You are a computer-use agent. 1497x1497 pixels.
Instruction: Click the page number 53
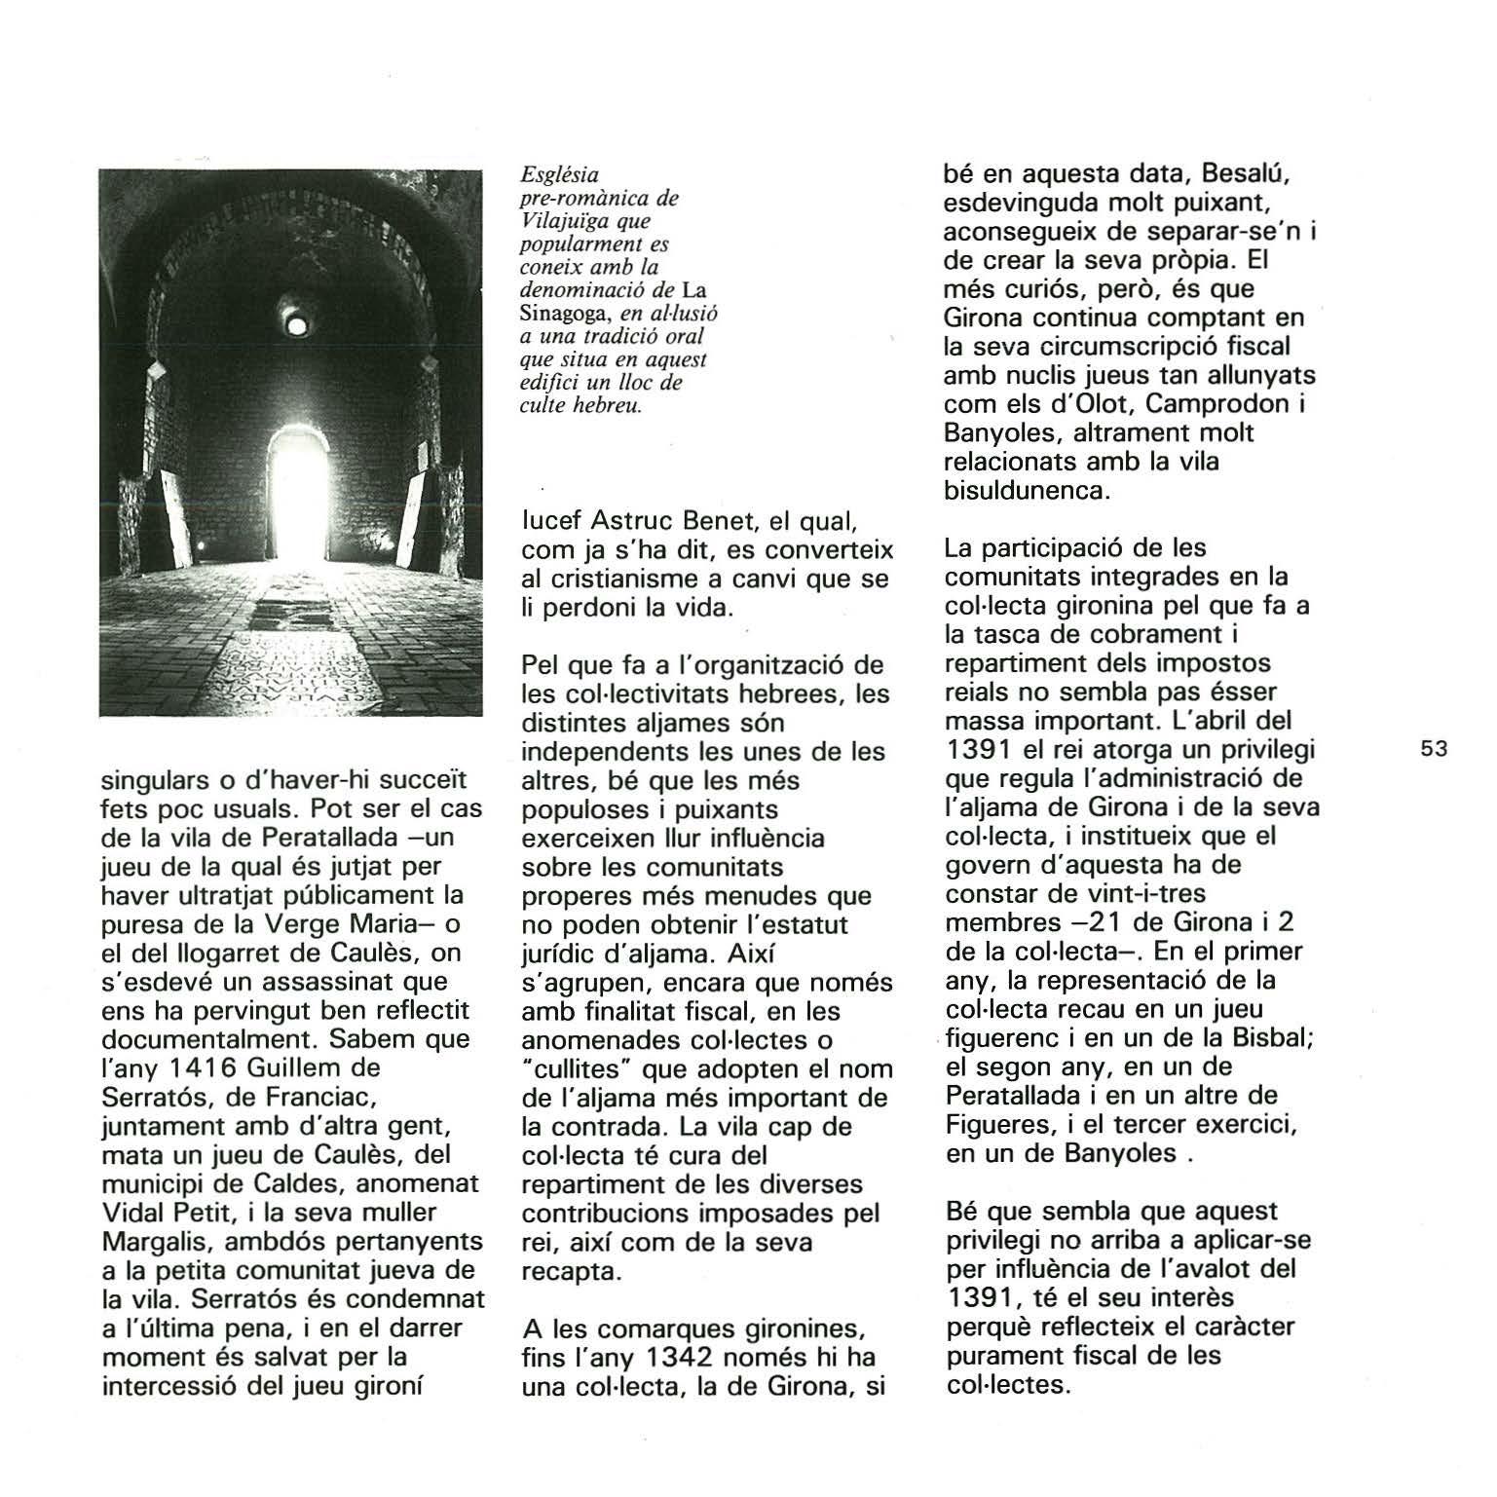pyautogui.click(x=1434, y=749)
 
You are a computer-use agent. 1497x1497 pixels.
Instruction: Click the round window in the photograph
pyautogui.click(x=297, y=322)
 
